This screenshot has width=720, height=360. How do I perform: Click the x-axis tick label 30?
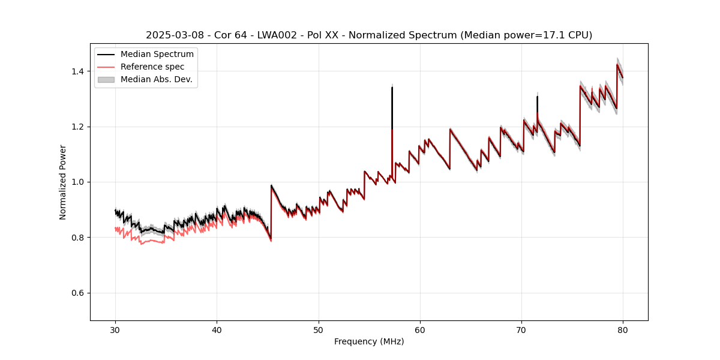(x=115, y=329)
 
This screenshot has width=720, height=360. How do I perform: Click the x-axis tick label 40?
(x=217, y=329)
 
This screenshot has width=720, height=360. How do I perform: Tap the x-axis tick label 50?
(x=319, y=329)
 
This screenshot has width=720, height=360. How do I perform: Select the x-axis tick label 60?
(x=420, y=329)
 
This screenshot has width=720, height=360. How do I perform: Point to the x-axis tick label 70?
(x=521, y=329)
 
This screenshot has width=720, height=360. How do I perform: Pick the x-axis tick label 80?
(x=623, y=329)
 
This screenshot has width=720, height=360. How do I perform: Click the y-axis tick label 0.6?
(x=79, y=293)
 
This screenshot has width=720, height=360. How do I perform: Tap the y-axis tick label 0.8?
(x=79, y=238)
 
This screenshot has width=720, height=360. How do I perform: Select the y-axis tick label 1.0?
(x=79, y=182)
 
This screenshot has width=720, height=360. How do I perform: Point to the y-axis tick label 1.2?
(x=79, y=127)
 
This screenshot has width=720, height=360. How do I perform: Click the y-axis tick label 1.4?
(x=79, y=71)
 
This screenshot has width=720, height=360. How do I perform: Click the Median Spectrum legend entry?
(x=157, y=55)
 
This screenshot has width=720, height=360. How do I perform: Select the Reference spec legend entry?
(x=152, y=67)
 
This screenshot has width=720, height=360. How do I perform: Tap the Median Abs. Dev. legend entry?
(x=156, y=79)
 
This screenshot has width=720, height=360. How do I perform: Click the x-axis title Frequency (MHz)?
(x=369, y=341)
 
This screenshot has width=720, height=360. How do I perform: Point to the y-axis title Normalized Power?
(x=63, y=182)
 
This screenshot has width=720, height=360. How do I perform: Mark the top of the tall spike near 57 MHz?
(x=392, y=88)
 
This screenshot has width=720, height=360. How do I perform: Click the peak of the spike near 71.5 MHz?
(x=537, y=97)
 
